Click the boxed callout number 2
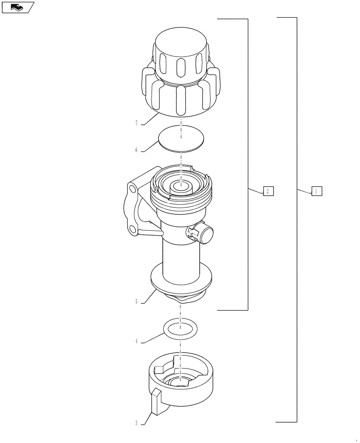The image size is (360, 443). tap(268, 191)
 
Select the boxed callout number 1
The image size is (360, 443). tap(316, 191)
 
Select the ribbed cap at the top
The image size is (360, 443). tap(180, 75)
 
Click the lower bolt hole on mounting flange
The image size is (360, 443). tap(133, 229)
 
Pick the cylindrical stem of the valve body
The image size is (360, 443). tap(181, 259)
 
